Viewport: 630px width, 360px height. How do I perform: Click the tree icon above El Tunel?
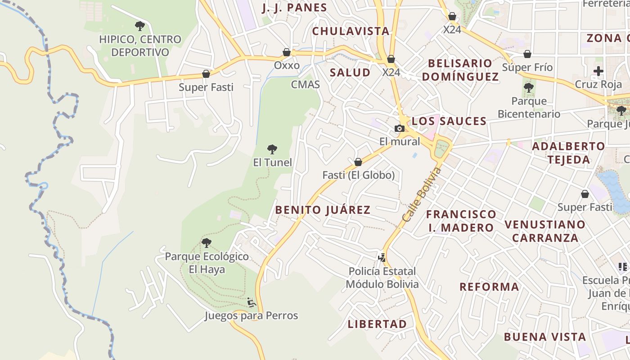click(272, 149)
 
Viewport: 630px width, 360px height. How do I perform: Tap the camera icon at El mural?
click(399, 129)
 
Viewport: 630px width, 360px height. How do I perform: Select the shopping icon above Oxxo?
click(287, 52)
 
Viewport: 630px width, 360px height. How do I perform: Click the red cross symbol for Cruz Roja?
click(598, 71)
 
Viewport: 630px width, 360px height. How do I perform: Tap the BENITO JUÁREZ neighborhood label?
click(323, 210)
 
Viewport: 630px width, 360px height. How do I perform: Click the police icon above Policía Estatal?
click(382, 258)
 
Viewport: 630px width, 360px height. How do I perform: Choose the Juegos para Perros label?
click(251, 315)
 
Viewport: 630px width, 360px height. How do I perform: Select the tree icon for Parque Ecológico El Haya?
click(207, 243)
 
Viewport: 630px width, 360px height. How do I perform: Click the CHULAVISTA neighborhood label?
click(351, 31)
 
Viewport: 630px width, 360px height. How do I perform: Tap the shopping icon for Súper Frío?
click(527, 54)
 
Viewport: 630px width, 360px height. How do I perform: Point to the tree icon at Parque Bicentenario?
click(529, 87)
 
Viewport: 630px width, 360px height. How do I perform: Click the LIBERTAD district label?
click(377, 324)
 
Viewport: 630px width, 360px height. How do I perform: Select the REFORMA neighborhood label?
click(489, 287)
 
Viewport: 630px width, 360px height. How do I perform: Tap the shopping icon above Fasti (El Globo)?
click(358, 162)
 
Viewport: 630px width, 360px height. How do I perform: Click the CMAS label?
click(306, 84)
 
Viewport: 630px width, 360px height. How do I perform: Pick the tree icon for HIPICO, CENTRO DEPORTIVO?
click(140, 26)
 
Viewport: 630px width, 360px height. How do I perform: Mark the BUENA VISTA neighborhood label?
click(544, 337)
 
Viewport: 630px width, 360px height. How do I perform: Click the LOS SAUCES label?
click(449, 121)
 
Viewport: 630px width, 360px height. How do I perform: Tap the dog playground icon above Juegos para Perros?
click(252, 302)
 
